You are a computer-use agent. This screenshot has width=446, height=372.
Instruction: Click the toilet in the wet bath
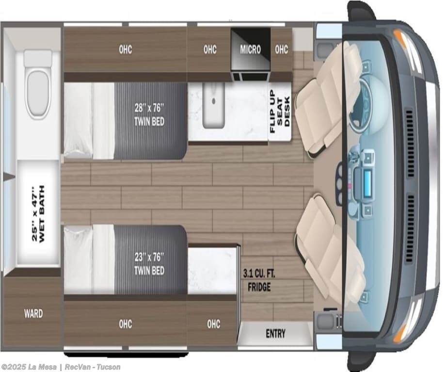point(38,84)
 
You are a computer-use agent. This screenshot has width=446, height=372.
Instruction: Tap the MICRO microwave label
point(250,49)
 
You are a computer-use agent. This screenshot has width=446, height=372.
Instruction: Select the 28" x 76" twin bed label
point(149,114)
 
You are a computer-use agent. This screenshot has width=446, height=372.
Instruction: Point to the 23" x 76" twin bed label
point(149,263)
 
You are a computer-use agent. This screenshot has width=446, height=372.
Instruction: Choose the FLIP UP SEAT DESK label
point(280,111)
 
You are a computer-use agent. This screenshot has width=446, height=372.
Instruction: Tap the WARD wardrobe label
point(33,314)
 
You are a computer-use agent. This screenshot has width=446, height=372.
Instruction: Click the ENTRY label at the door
point(275,333)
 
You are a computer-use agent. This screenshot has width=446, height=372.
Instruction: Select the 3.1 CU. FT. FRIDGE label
point(259,280)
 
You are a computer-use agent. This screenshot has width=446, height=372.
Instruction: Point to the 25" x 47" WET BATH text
point(38,214)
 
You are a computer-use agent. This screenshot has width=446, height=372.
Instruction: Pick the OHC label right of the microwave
point(281,49)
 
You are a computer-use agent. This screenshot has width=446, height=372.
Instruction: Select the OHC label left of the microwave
point(210,49)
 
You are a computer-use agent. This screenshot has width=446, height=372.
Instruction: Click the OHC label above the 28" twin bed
point(126,49)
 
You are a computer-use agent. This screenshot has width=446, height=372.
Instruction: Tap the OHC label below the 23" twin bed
point(126,323)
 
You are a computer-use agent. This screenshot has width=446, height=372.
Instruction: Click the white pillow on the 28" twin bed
point(78,120)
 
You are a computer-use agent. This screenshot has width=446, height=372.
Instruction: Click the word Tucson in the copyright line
point(109,367)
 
